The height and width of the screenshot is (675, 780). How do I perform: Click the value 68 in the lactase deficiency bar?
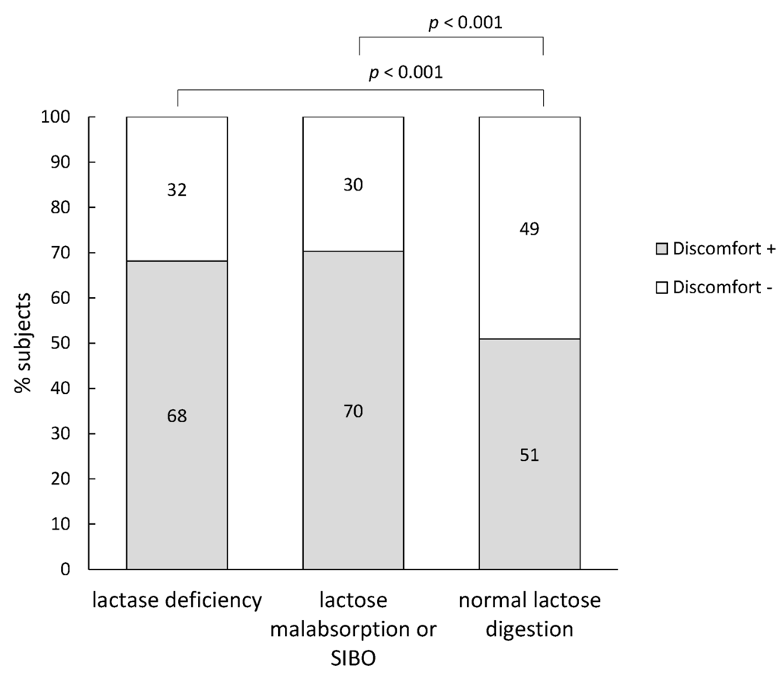tap(177, 417)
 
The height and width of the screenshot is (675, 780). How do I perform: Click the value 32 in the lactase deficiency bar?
tap(177, 190)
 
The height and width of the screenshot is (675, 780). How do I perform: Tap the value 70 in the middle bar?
tap(353, 412)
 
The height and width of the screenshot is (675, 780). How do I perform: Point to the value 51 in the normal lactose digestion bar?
tap(529, 456)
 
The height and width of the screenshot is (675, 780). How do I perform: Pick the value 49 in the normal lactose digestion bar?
tap(529, 229)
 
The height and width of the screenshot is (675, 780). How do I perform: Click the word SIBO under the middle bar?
tap(353, 656)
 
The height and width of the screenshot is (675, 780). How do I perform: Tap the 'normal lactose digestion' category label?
tap(529, 615)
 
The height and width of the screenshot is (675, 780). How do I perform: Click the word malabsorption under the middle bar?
tap(353, 629)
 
